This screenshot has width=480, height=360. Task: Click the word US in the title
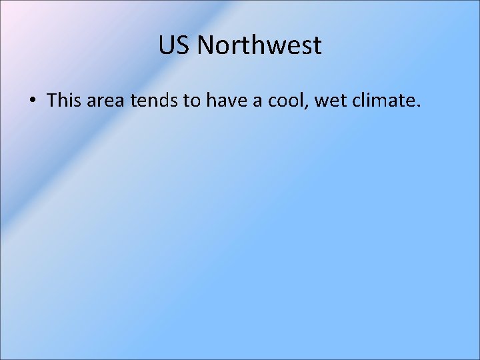(175, 46)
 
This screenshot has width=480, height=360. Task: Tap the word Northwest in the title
(260, 46)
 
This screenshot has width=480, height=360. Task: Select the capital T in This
(52, 101)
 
